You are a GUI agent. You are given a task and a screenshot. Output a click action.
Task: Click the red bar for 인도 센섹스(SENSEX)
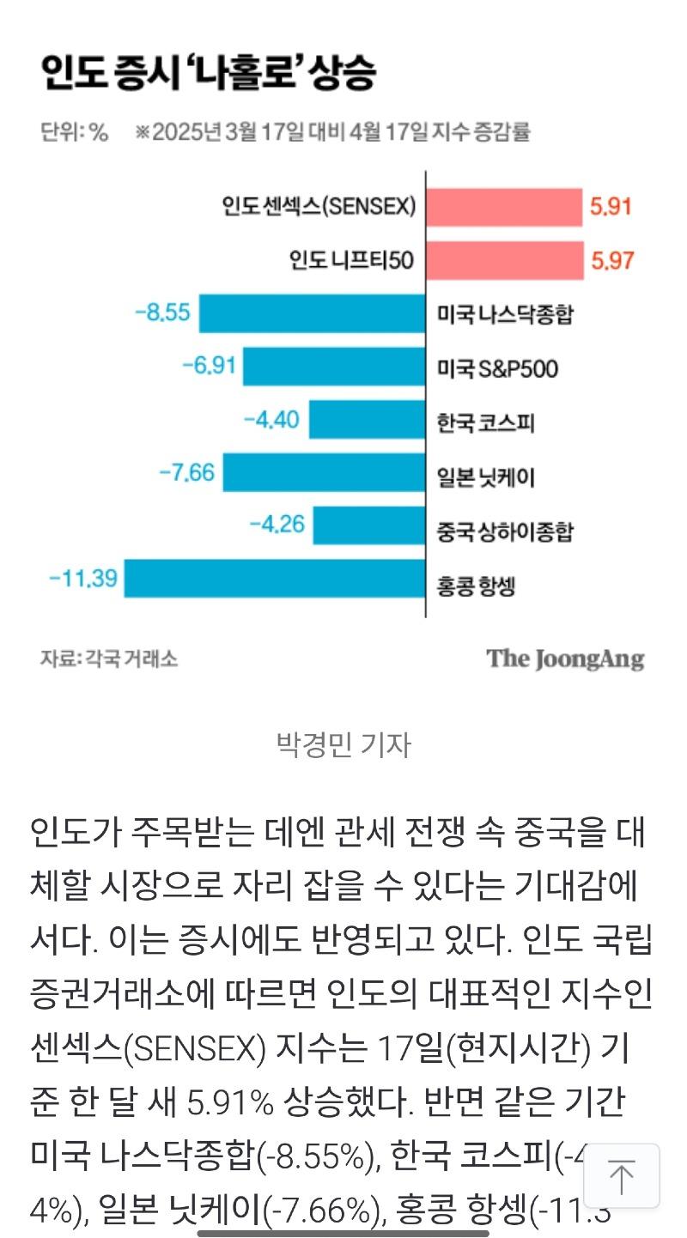[x=504, y=207]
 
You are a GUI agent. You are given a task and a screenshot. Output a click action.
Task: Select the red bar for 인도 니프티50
[x=504, y=260]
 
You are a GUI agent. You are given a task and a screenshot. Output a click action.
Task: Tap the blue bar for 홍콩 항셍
[x=275, y=578]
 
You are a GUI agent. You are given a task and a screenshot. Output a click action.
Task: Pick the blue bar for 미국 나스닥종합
[x=313, y=313]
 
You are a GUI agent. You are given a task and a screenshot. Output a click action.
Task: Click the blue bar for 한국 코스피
[x=368, y=420]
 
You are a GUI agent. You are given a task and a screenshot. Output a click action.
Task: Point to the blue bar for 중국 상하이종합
[x=369, y=525]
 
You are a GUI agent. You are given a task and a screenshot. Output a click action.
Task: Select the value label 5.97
[x=611, y=260]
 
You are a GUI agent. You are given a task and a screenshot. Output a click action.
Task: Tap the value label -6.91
[x=209, y=367]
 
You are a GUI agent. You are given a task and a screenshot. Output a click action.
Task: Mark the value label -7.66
[x=186, y=472]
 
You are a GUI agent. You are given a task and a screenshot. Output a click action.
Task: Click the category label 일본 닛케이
[x=485, y=476]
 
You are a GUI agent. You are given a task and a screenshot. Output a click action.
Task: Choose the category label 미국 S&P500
[x=496, y=369]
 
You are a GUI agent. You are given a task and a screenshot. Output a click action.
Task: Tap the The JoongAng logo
[x=565, y=659]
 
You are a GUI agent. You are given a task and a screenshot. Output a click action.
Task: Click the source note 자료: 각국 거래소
[x=109, y=659]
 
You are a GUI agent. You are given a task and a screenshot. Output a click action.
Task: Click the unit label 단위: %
[x=74, y=132]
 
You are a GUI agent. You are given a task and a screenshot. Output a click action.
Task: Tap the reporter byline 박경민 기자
[x=343, y=744]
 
